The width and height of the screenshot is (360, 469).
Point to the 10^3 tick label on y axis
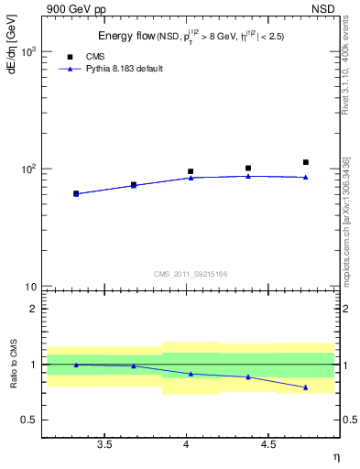(x=27, y=52)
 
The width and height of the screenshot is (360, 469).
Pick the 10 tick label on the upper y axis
(x=31, y=288)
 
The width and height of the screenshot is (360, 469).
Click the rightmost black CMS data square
(x=306, y=162)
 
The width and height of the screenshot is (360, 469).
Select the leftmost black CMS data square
(x=76, y=193)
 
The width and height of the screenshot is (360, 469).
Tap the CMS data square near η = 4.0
(x=191, y=171)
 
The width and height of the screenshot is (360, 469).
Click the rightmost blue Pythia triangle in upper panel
(x=306, y=177)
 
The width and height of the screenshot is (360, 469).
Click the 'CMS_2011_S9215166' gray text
(x=191, y=273)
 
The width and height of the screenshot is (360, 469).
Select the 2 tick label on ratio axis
(x=34, y=309)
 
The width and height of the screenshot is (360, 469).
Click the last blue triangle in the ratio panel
(x=306, y=387)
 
